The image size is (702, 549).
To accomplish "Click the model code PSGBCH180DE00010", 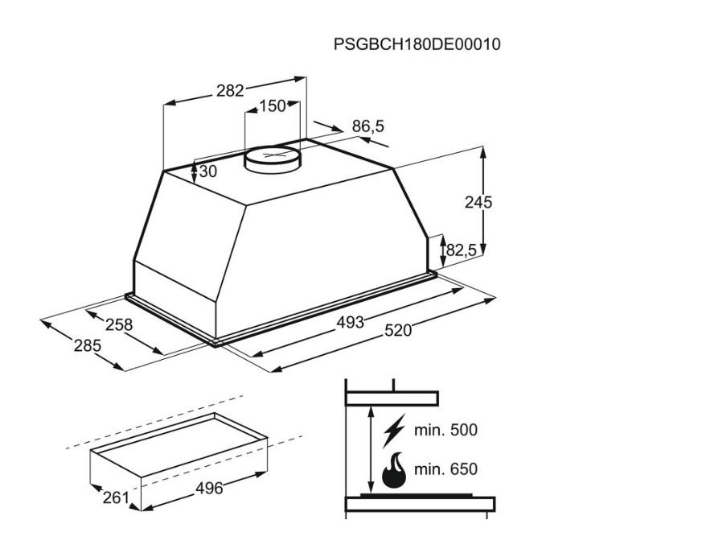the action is (x=417, y=44).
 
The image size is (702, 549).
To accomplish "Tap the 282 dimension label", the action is (x=230, y=91).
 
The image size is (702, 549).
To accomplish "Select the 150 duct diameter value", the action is (x=273, y=106).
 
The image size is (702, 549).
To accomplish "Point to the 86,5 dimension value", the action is (x=368, y=126).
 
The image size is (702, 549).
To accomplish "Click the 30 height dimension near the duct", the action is (x=207, y=171).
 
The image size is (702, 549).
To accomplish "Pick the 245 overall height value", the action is (x=478, y=203).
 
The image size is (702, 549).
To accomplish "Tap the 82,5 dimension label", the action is (x=462, y=250).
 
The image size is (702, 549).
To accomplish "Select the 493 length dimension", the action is (x=350, y=322).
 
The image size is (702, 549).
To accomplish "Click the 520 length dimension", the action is (x=397, y=331).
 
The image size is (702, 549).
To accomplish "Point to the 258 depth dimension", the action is (x=119, y=324).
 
